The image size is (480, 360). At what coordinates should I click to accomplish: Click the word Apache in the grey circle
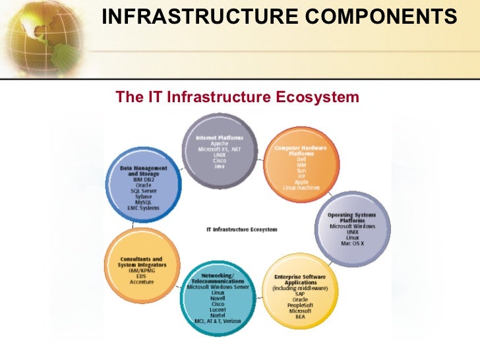(x=220, y=144)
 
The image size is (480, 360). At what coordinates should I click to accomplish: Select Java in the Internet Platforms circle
(x=220, y=166)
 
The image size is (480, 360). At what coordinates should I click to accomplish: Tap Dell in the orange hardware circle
(x=301, y=159)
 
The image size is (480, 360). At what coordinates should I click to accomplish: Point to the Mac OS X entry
(x=352, y=244)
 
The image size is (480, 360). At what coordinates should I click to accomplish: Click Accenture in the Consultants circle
(x=142, y=282)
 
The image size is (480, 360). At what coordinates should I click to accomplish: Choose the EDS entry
(x=142, y=276)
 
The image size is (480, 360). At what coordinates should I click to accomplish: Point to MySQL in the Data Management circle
(x=143, y=202)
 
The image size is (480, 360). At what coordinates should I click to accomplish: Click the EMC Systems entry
(x=143, y=208)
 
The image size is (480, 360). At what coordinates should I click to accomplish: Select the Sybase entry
(x=143, y=196)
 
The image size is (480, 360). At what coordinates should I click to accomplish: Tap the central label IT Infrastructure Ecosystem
(x=242, y=229)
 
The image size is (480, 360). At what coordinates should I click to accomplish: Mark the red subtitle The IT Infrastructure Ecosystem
(x=237, y=98)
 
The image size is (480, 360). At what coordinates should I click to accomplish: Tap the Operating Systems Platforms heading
(x=353, y=218)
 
